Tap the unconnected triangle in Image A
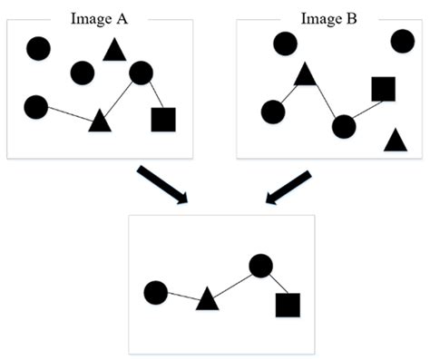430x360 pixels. coord(113,50)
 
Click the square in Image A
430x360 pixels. coord(163,120)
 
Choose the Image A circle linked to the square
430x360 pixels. coord(141,73)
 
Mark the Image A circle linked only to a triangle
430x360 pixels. coord(35,107)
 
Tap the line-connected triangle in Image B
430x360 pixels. coord(305,74)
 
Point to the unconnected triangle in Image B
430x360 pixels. coord(394,140)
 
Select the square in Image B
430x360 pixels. coord(384,89)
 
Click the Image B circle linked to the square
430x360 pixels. coord(343,126)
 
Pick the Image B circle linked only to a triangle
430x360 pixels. coord(272,112)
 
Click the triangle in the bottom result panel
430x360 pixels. coord(207,298)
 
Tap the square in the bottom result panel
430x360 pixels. coord(288,306)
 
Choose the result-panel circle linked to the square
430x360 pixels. coord(260,266)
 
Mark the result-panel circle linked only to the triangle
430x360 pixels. coord(155,292)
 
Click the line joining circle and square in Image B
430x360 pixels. coord(364,108)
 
